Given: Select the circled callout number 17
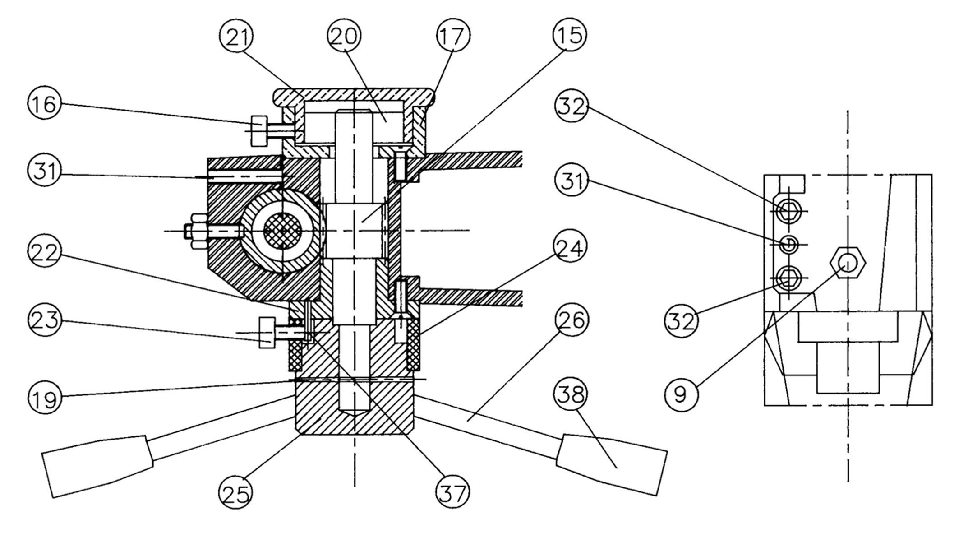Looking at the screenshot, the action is pos(453,36).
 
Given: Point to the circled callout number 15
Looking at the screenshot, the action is pos(570,35).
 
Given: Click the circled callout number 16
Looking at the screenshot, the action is pos(45,104).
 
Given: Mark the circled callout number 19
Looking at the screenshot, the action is pos(45,398).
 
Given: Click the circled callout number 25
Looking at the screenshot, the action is pos(236,492).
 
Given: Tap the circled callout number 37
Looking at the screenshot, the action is pos(452,492).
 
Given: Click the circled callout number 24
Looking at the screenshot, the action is pos(570,246).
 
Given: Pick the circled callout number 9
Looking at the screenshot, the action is pos(681,394).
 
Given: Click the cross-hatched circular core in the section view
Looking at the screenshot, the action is pos(282,231).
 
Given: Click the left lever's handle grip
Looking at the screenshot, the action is pos(98,466).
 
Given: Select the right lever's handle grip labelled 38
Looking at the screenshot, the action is pos(612,464).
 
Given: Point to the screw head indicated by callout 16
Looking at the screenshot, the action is pos(258,130).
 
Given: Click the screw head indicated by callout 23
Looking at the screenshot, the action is pos(267,333).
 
